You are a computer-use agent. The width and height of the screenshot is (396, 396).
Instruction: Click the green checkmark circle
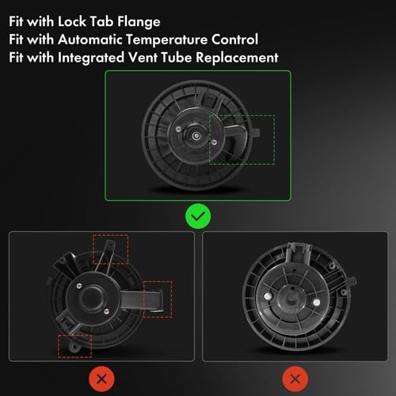pyautogui.click(x=198, y=216)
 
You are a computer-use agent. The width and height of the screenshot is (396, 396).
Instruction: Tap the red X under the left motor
pyautogui.click(x=101, y=379)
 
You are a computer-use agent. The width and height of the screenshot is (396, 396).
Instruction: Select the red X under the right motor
pyautogui.click(x=295, y=379)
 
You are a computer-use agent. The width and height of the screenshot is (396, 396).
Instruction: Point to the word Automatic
pyautogui.click(x=89, y=40)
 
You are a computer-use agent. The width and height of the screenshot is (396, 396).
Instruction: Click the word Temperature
pyautogui.click(x=166, y=40)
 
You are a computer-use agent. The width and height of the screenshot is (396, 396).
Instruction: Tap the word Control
pyautogui.click(x=234, y=40)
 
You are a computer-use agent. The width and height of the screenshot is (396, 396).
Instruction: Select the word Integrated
pyautogui.click(x=91, y=58)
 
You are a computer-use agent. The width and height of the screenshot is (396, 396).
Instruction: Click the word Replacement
pyautogui.click(x=237, y=58)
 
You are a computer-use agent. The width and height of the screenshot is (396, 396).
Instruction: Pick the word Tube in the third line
pyautogui.click(x=177, y=58)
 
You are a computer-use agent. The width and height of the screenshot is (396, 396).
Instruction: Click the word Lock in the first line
pyautogui.click(x=72, y=21)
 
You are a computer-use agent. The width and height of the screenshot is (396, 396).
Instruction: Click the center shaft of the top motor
pyautogui.click(x=196, y=136)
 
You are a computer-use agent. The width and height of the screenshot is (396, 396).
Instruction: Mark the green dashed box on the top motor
pyautogui.click(x=242, y=115)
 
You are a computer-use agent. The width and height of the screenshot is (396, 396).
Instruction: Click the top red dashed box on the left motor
pyautogui.click(x=111, y=235)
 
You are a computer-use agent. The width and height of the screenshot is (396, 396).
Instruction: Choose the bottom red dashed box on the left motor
pyautogui.click(x=75, y=336)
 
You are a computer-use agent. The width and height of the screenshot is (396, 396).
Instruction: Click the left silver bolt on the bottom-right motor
pyautogui.click(x=268, y=296)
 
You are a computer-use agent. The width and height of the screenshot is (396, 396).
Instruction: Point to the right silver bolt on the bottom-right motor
pyautogui.click(x=316, y=302)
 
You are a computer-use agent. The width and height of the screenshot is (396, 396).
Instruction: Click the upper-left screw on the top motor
pyautogui.click(x=178, y=129)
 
